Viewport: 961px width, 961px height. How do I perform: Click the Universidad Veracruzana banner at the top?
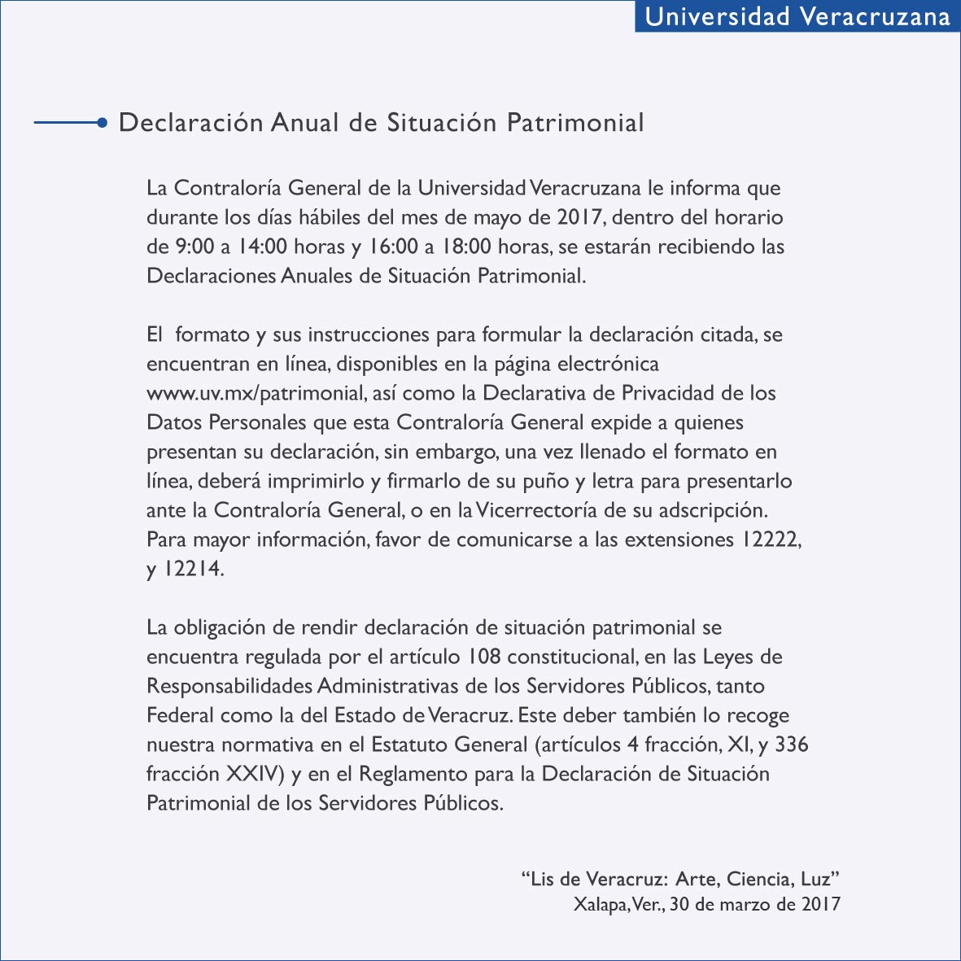(797, 16)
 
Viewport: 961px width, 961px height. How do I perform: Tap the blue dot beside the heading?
(102, 123)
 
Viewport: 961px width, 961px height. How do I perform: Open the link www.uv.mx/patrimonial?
(255, 394)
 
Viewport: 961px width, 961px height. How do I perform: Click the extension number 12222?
(770, 540)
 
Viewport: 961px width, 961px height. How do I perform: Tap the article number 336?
(791, 745)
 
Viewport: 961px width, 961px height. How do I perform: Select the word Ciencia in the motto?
(760, 880)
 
